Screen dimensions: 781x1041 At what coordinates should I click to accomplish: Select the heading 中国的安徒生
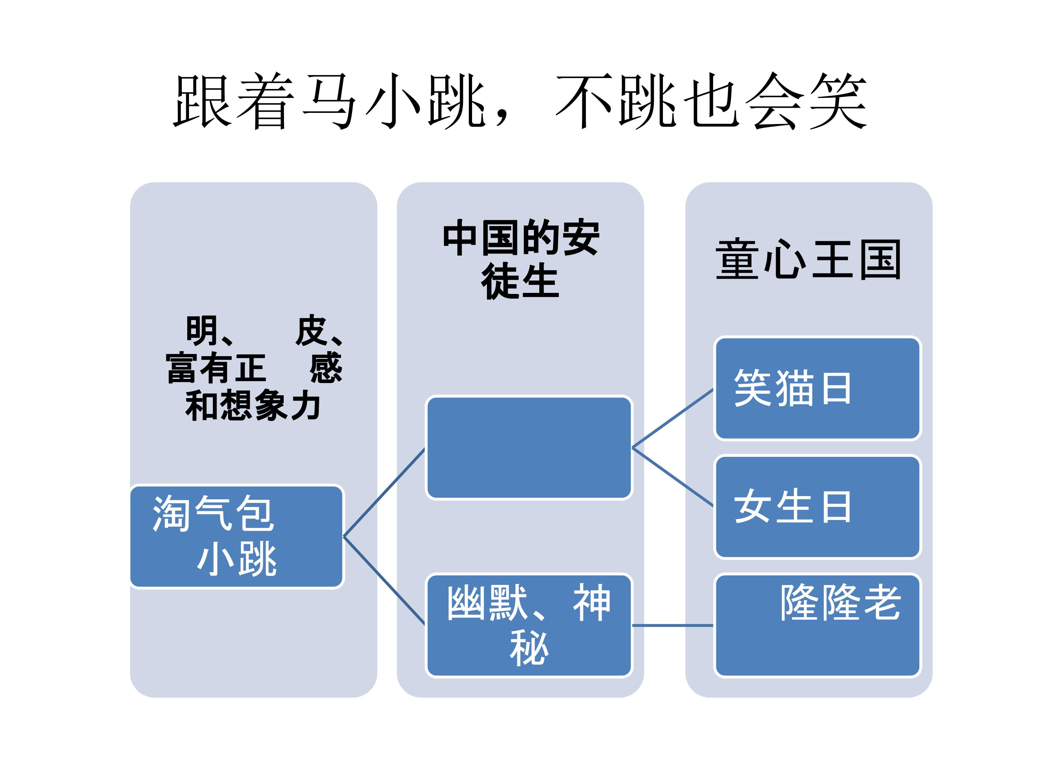click(x=520, y=259)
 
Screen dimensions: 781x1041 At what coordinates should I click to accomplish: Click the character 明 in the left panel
click(x=201, y=330)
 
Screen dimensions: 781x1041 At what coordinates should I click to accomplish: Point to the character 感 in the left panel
click(x=326, y=368)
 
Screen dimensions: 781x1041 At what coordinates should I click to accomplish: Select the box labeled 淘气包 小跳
click(x=237, y=537)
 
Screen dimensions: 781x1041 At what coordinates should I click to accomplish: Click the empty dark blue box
click(x=528, y=448)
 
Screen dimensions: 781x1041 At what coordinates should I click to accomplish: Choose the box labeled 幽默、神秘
click(x=528, y=625)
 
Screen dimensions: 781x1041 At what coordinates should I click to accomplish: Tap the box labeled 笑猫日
click(x=817, y=388)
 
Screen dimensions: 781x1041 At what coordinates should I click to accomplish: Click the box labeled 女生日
click(x=817, y=507)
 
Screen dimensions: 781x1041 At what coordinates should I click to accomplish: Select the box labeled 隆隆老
click(x=817, y=625)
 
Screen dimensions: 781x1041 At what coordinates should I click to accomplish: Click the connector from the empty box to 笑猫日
click(x=673, y=418)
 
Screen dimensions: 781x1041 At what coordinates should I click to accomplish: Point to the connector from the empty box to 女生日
click(x=673, y=477)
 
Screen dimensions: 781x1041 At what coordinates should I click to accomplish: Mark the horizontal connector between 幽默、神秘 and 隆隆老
click(x=673, y=626)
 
